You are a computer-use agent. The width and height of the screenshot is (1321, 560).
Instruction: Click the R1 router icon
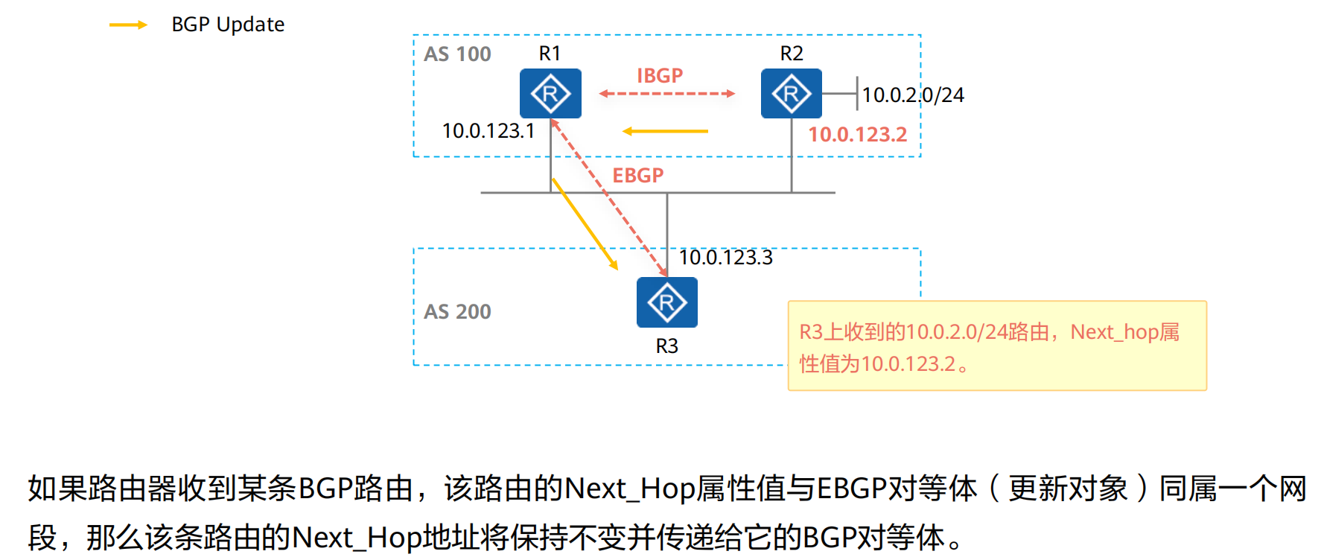tap(550, 94)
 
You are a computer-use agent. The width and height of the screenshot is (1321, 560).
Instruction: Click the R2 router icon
tap(791, 94)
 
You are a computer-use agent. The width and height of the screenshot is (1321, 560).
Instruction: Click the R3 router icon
tap(666, 302)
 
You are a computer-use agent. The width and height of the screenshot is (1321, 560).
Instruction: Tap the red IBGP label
tap(660, 76)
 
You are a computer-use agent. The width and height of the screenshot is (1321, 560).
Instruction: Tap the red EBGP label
tap(637, 176)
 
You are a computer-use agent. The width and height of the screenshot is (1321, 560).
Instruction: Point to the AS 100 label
tap(457, 54)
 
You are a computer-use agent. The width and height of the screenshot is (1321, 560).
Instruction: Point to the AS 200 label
tap(457, 311)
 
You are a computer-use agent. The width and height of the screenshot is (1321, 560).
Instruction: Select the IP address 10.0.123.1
tap(488, 131)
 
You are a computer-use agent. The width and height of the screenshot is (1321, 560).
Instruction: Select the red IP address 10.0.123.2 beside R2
tap(858, 135)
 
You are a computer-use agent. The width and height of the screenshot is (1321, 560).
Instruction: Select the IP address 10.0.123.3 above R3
tap(726, 258)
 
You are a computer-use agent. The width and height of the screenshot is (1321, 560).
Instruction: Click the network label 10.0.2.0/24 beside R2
tap(913, 95)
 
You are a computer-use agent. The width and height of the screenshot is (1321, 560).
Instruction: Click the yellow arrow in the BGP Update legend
tap(128, 25)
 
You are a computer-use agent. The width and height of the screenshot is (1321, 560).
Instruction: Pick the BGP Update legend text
tap(228, 25)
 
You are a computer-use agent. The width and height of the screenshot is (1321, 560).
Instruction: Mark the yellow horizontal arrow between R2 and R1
tap(665, 131)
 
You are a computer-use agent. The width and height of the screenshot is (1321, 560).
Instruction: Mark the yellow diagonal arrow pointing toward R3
tap(585, 224)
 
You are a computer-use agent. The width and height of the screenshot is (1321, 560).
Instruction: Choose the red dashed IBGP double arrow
tap(666, 94)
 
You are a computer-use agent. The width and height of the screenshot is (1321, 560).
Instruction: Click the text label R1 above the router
tap(550, 54)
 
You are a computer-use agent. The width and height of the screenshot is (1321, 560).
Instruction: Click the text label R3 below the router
tap(666, 346)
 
